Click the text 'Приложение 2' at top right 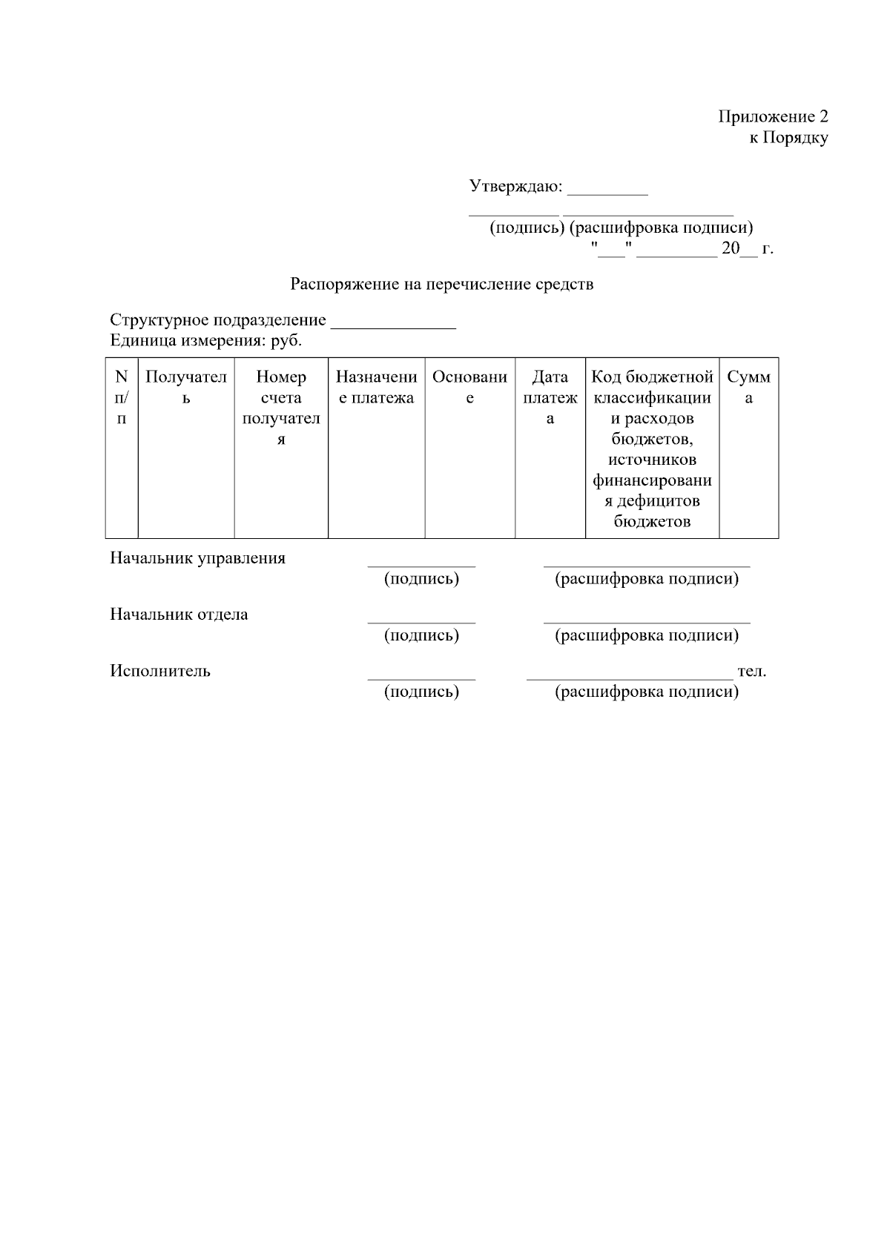click(x=772, y=116)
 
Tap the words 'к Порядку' click(x=788, y=138)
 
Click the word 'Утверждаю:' click(x=515, y=186)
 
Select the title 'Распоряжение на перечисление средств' click(x=441, y=284)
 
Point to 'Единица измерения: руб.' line click(x=206, y=341)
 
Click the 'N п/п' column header click(x=122, y=397)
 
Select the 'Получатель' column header click(x=186, y=387)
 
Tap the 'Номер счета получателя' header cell click(x=281, y=408)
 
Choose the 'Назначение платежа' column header click(x=376, y=387)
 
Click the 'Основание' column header click(x=469, y=387)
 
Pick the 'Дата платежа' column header click(x=550, y=397)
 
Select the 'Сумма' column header click(x=748, y=387)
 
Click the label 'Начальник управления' click(x=197, y=558)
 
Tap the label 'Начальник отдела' click(x=179, y=615)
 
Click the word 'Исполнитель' click(x=160, y=671)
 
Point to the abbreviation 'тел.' click(x=752, y=672)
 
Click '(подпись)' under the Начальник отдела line click(x=421, y=635)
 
